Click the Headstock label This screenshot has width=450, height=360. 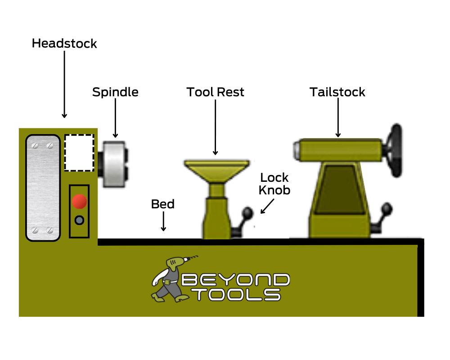pyautogui.click(x=64, y=44)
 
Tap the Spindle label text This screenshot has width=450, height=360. pyautogui.click(x=115, y=92)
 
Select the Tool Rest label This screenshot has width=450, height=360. pyautogui.click(x=216, y=92)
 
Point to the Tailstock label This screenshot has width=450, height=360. pyautogui.click(x=337, y=92)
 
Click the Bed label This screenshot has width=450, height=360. pyautogui.click(x=163, y=204)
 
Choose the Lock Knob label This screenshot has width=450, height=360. pyautogui.click(x=274, y=184)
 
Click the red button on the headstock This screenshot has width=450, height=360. pyautogui.click(x=80, y=201)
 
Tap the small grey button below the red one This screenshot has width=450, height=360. pyautogui.click(x=80, y=220)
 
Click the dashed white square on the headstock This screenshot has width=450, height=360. pyautogui.click(x=79, y=153)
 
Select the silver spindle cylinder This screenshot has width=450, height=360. pyautogui.click(x=113, y=164)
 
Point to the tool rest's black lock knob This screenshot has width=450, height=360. pyautogui.click(x=247, y=212)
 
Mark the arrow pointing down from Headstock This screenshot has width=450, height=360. pyautogui.click(x=64, y=84)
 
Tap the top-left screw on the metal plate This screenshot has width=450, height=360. pyautogui.click(x=35, y=145)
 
